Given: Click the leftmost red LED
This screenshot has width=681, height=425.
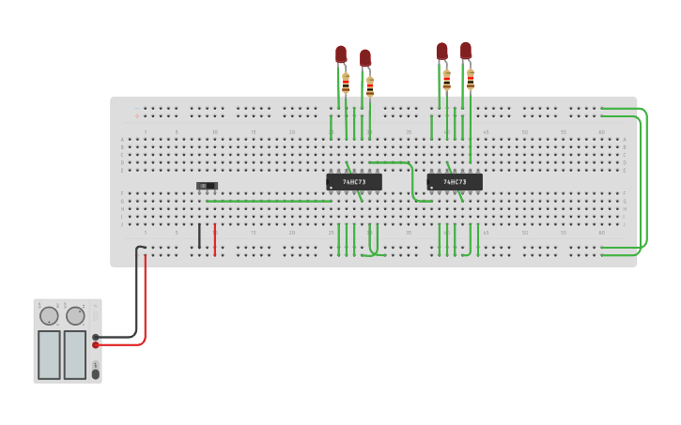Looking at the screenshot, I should [x=341, y=54].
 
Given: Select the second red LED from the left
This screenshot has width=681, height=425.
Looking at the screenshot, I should [x=365, y=58].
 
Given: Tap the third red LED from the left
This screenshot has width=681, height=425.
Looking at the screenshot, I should [x=441, y=51].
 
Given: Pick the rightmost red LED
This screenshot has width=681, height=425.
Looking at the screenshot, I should [x=465, y=50].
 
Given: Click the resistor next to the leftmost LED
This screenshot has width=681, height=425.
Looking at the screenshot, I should [x=346, y=83].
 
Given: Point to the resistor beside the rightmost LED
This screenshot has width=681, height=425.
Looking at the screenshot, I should [x=471, y=79].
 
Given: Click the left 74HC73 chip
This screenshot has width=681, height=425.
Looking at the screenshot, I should [x=354, y=181].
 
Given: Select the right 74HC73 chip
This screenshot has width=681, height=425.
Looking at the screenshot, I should [x=455, y=181].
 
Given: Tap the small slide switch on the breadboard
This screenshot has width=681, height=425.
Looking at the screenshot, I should [x=207, y=186].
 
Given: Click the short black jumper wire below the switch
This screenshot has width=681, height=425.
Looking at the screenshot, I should [x=199, y=235].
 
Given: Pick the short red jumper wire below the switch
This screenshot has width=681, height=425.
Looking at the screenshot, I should [x=215, y=238].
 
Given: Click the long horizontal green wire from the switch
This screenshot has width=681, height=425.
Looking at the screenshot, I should [x=269, y=201].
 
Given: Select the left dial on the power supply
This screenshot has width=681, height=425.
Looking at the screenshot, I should [x=49, y=315].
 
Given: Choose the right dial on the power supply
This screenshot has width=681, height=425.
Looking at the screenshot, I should [x=75, y=315].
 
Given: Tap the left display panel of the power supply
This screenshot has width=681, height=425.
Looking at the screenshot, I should [x=49, y=354].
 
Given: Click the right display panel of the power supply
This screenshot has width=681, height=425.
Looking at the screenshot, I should [x=75, y=354].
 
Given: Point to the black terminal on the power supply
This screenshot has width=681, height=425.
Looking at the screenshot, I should [x=97, y=337].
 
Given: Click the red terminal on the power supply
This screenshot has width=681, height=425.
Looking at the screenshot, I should [x=97, y=345].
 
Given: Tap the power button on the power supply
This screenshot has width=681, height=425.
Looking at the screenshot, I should [x=96, y=374].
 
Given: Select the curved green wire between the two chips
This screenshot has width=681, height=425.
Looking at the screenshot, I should [x=411, y=180].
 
